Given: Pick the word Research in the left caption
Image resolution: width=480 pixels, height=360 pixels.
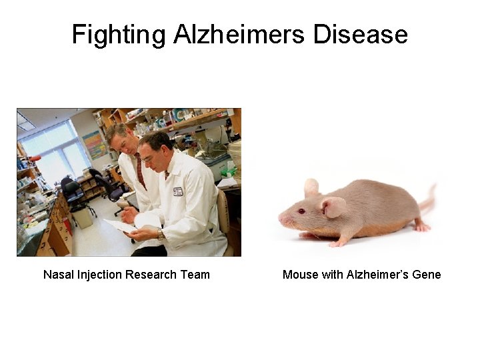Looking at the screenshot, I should coord(155,275).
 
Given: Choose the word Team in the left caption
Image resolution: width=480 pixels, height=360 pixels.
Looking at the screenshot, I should coord(196,275).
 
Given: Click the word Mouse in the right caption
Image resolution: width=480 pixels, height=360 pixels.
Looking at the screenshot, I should coord(299,275).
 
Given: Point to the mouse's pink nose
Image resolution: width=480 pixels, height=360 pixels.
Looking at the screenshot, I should coord(281,219).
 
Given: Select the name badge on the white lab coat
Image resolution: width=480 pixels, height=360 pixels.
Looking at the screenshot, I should coord(178,191).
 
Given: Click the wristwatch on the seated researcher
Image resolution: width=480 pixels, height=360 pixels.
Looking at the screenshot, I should coord(160,234).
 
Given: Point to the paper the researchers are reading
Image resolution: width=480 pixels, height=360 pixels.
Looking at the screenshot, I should coord(122,226).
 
